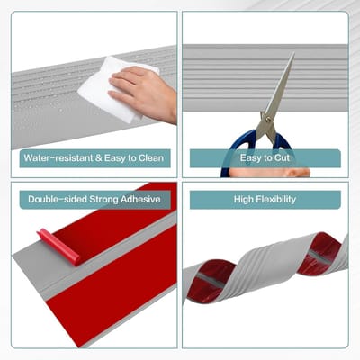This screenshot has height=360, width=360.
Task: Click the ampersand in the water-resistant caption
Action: coord(99,158)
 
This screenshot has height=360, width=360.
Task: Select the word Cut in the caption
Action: coord(282,157)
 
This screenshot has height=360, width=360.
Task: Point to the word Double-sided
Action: coord(58,199)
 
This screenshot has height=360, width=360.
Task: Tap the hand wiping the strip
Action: coord(144,93)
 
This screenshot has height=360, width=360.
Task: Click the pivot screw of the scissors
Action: coord(268,119)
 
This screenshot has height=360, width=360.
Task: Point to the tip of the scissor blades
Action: coord(293,53)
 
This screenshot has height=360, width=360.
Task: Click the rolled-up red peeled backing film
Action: coord(58,247)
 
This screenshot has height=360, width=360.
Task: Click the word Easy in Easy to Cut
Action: coord(250,158)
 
